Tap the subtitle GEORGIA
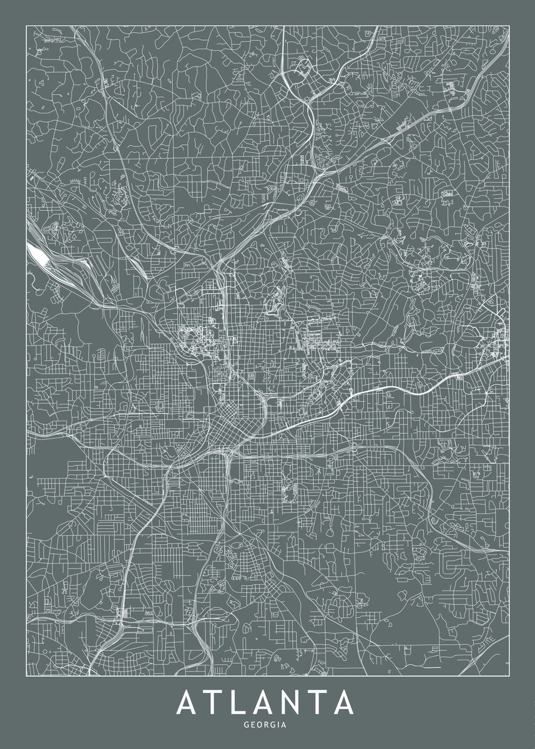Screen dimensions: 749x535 click(x=267, y=725)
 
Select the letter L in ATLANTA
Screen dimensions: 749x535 click(x=234, y=702)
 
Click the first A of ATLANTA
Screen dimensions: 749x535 click(x=187, y=702)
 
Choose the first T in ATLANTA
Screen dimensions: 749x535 click(x=211, y=702)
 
